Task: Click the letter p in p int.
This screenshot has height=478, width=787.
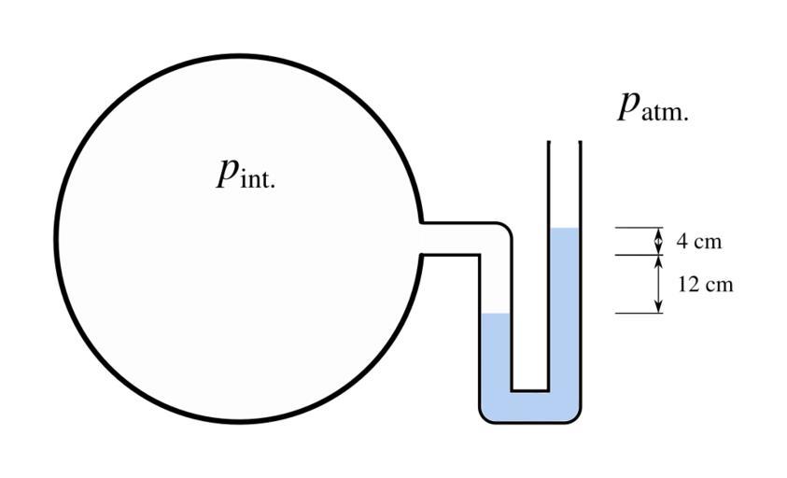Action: (226, 172)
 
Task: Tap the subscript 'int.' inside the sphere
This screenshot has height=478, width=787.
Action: (259, 180)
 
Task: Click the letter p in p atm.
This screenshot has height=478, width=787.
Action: (628, 106)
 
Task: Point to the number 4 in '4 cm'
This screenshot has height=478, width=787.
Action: (682, 242)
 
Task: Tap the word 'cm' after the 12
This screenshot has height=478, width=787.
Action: (720, 285)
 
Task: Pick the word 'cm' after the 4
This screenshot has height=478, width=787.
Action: (709, 242)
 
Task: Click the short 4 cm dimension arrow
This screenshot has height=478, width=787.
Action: (658, 241)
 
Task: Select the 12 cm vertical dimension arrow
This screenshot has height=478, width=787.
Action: (658, 284)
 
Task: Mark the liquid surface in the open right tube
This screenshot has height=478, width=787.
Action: (565, 229)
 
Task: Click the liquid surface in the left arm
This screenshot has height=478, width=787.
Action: (495, 314)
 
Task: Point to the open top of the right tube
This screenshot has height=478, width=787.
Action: (565, 143)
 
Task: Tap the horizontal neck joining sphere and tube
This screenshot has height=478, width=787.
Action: (457, 238)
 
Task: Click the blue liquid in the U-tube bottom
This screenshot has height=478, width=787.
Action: (529, 406)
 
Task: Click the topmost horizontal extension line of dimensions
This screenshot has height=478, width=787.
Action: (639, 228)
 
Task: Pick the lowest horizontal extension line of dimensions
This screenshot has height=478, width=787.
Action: (639, 313)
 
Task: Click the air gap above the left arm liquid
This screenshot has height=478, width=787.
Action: (495, 280)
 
